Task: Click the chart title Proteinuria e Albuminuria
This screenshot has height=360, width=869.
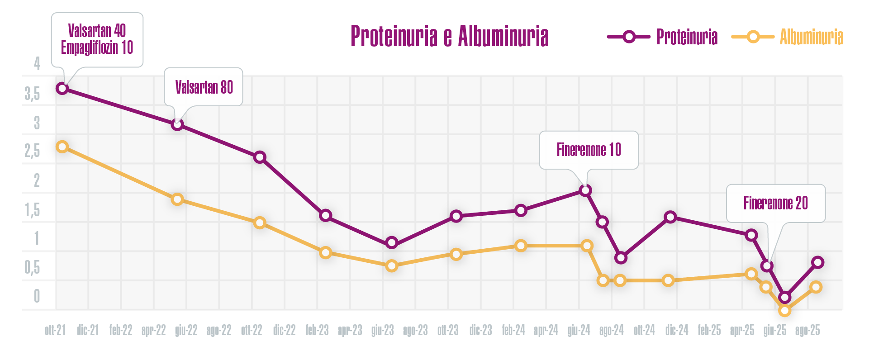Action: point(449,36)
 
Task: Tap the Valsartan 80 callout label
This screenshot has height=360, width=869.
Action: point(204,87)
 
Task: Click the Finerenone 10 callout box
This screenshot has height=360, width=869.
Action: point(589,150)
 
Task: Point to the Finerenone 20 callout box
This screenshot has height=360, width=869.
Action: point(775,203)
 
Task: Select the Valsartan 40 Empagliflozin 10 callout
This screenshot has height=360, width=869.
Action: point(97,39)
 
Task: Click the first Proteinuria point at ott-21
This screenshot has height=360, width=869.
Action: point(62,88)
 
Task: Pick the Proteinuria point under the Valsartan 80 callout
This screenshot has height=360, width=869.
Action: point(177,124)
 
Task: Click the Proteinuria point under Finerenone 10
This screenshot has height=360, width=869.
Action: point(585,190)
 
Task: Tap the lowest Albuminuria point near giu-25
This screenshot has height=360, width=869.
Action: point(784,310)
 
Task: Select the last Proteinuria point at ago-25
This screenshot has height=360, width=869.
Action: point(817,262)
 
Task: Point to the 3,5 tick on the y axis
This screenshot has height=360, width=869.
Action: point(33,94)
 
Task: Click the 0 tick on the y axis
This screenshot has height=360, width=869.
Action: point(37,296)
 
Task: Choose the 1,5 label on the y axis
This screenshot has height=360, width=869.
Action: point(33,210)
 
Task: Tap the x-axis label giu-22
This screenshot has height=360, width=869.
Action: point(186,331)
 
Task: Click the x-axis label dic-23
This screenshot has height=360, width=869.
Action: point(480,331)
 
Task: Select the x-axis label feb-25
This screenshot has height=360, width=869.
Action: point(709,331)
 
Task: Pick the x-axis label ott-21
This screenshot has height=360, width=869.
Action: point(55,331)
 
